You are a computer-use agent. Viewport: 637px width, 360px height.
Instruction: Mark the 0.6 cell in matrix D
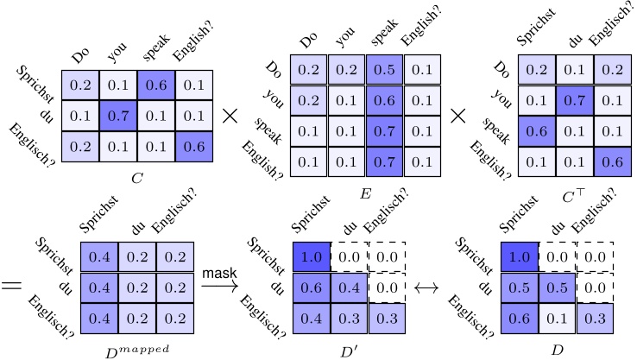519,318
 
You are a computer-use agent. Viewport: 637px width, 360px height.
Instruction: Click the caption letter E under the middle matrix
366,196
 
